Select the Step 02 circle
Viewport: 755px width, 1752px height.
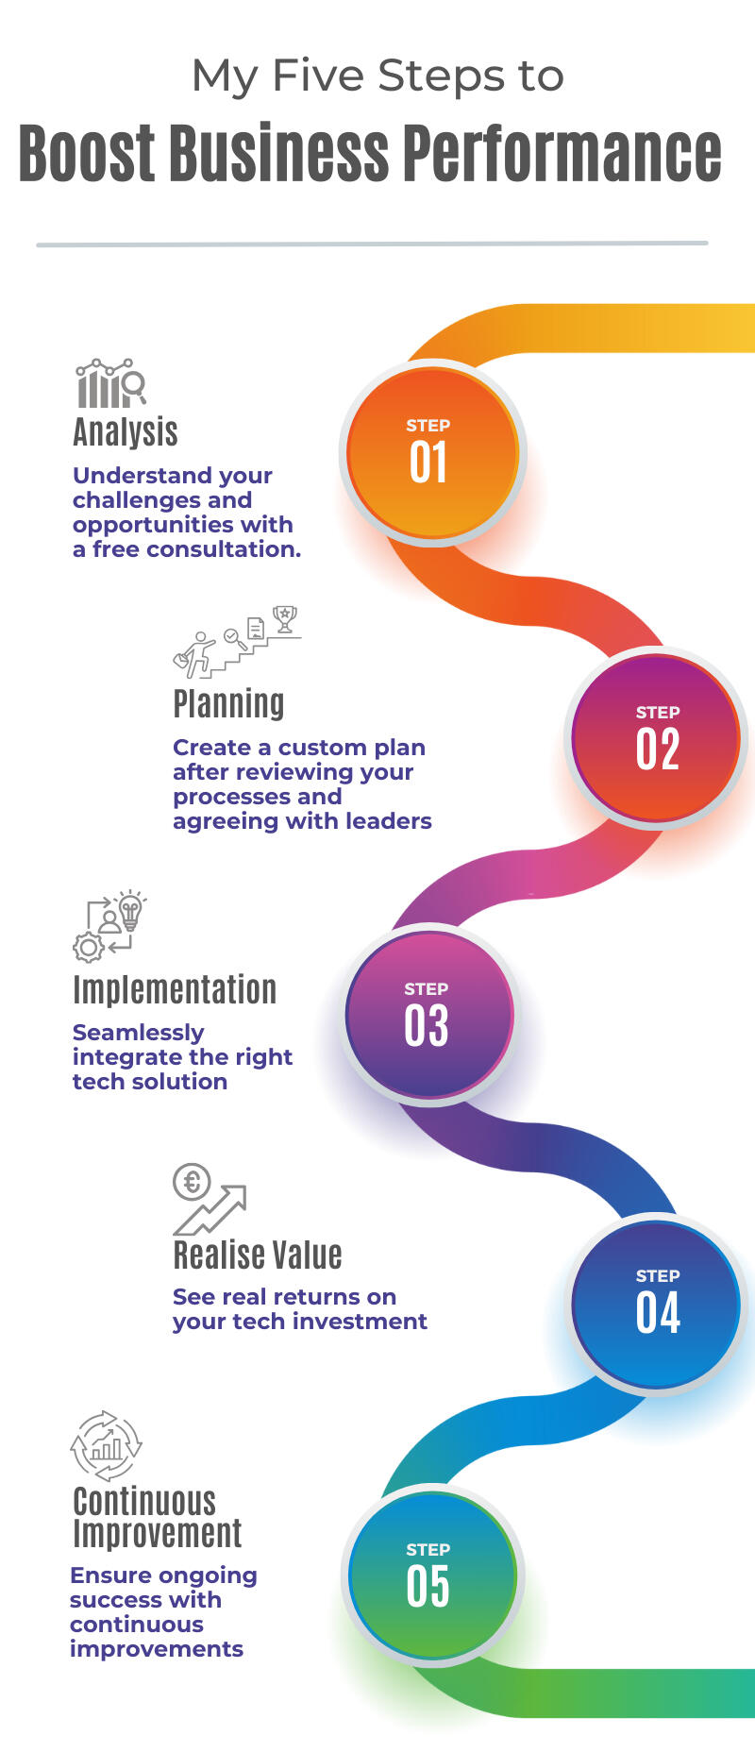tap(656, 739)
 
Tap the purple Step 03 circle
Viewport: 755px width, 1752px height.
tap(429, 1015)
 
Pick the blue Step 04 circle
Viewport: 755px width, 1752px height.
tap(656, 1304)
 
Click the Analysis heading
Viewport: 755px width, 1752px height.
tap(126, 432)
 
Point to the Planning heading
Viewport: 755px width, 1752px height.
tap(228, 704)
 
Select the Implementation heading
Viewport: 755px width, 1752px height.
tap(175, 990)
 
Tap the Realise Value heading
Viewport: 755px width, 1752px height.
tap(258, 1255)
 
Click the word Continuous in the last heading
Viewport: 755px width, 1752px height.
tap(144, 1502)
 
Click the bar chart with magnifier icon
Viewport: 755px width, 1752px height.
tap(110, 383)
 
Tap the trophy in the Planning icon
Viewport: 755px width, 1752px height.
tap(284, 618)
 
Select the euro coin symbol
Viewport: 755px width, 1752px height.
tap(192, 1181)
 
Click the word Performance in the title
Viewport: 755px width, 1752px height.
tap(562, 153)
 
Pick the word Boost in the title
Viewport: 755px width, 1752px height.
tap(87, 153)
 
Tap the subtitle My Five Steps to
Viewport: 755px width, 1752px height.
tap(377, 76)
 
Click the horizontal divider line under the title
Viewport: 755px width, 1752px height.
tap(372, 244)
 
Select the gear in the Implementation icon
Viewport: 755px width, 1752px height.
tap(89, 946)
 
